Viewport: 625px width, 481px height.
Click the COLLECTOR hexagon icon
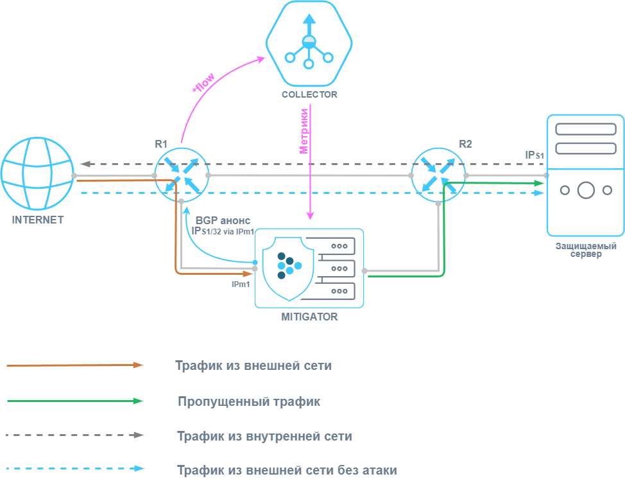pos(309,44)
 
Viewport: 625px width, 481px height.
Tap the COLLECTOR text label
pos(309,94)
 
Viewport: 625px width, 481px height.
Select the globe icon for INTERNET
pos(37,174)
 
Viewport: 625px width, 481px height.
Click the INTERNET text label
pos(38,220)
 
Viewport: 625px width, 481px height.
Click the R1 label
pos(161,144)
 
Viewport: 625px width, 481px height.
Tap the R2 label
pos(465,144)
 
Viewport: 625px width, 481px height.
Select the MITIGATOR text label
pos(309,317)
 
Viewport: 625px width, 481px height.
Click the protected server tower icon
pos(585,175)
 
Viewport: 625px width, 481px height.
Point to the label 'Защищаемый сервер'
pos(586,250)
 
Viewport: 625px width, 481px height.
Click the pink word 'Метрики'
pos(305,130)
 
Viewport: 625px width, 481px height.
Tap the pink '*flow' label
pos(203,82)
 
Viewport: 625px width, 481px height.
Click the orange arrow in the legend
pos(75,365)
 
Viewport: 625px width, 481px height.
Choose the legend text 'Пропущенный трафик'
pos(249,402)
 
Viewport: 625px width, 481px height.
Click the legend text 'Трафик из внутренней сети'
pos(264,436)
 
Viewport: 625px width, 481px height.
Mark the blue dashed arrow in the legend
pos(75,469)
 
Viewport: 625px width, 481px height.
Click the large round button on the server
pos(585,190)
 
